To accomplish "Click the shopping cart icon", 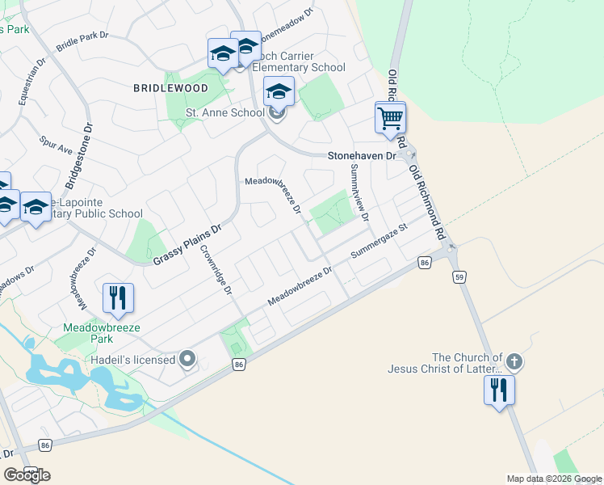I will point(390,118).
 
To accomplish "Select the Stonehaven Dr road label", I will point(362,155).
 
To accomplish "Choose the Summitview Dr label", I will point(359,194).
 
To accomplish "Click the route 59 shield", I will point(458,277).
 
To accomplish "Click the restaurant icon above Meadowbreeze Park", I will point(119,297).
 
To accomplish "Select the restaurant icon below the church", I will point(499,390).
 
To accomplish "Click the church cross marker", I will point(514,362).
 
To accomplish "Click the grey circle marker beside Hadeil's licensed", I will point(189,359).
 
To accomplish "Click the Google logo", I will point(27,474).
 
